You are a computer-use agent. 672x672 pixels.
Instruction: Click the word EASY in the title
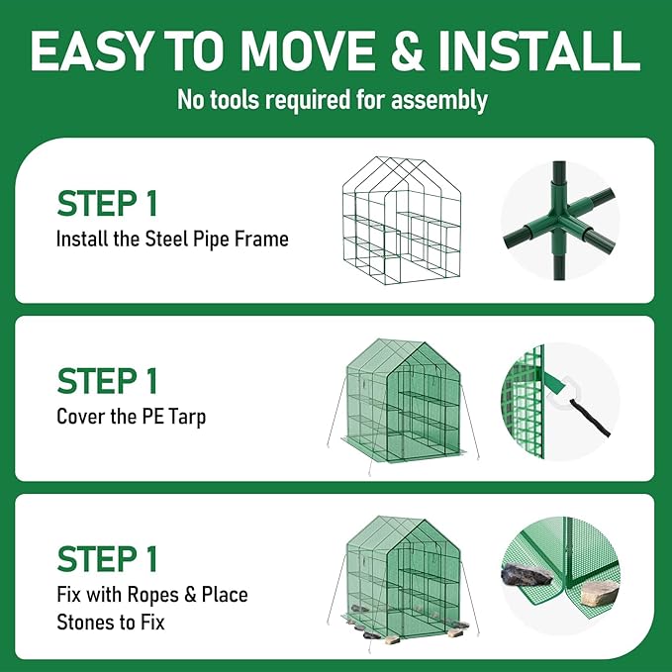coord(89,50)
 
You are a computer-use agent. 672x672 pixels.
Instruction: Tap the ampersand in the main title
coord(407,50)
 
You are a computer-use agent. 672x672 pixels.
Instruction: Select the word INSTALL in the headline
coord(538,50)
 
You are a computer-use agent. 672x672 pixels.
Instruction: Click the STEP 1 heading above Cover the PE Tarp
coord(107,381)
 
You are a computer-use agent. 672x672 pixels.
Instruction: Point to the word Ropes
coord(152,595)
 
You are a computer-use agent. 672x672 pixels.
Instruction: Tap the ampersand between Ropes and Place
coord(189,595)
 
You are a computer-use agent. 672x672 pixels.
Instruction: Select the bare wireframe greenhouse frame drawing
coord(402,221)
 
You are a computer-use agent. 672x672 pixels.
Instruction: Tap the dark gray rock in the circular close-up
coord(527,575)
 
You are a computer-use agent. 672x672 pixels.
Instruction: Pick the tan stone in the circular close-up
coord(600,593)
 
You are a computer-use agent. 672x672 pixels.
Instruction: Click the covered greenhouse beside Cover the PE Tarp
coord(403,405)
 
